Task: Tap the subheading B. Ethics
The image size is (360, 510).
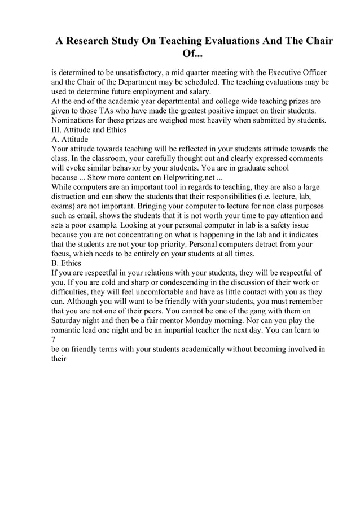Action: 66,263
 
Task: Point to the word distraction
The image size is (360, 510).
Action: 71,197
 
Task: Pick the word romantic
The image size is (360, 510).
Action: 69,330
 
